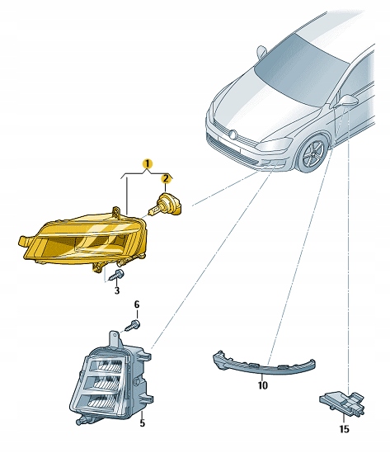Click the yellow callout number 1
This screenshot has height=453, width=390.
pos(148,164)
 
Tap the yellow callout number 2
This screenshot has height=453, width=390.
pos(166,179)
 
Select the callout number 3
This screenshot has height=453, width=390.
pos(116,290)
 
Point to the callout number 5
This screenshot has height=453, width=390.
pos(142,423)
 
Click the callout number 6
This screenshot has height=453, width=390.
pos(137,304)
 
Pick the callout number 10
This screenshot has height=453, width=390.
pos(263,385)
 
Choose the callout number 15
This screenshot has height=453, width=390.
pos(344,429)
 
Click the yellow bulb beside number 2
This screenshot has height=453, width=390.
pos(165,205)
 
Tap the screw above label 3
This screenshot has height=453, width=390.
pos(116,276)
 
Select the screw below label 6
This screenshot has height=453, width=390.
pos(133,326)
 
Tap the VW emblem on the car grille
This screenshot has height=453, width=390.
pos(233,134)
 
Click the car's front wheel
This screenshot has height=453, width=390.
pos(313,153)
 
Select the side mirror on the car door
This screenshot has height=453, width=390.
pos(346,101)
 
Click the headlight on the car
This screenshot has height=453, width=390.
pos(275,144)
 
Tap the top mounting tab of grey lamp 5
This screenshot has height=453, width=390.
pos(115,338)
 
